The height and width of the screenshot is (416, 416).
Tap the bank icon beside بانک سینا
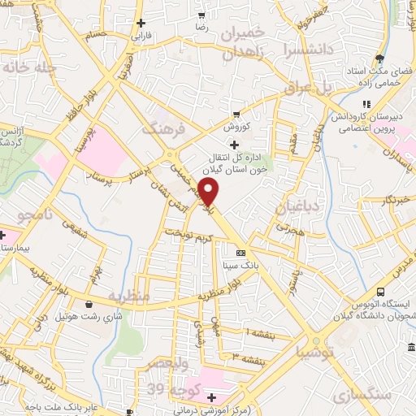[240, 252]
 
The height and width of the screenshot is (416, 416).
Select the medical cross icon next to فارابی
[141, 23]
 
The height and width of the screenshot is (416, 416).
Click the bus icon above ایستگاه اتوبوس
[381, 292]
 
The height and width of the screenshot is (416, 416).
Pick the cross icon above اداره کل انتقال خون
[236, 144]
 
